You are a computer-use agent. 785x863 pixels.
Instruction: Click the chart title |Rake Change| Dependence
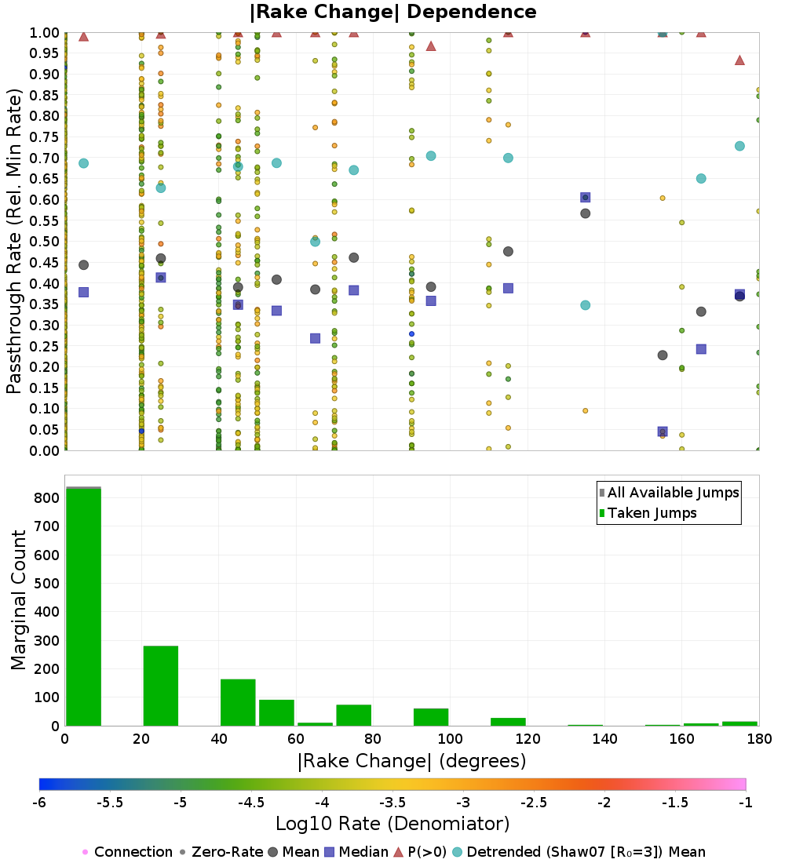[392, 13]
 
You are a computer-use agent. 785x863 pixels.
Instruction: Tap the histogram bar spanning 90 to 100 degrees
[430, 717]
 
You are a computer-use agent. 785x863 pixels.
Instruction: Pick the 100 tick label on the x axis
[450, 739]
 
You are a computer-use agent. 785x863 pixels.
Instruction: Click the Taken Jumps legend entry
[652, 513]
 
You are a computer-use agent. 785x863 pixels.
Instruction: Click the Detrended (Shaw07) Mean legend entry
[586, 852]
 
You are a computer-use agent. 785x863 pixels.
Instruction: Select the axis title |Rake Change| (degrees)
[411, 761]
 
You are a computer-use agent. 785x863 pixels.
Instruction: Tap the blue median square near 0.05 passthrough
[663, 431]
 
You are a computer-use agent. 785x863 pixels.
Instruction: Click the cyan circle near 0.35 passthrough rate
[585, 305]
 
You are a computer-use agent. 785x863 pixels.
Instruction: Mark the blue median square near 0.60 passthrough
[585, 198]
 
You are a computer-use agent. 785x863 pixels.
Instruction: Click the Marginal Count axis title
[19, 600]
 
